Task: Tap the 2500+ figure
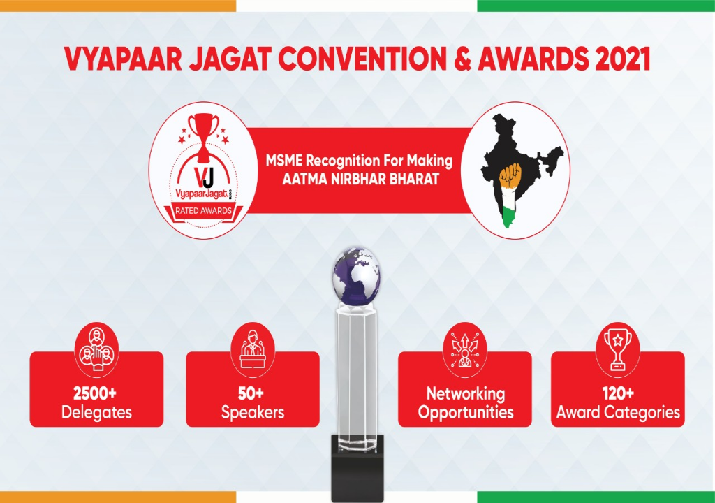[x=96, y=393]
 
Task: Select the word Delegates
[x=96, y=412]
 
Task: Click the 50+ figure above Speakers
[x=252, y=393]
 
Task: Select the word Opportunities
[x=466, y=412]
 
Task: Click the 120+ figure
[x=618, y=393]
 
